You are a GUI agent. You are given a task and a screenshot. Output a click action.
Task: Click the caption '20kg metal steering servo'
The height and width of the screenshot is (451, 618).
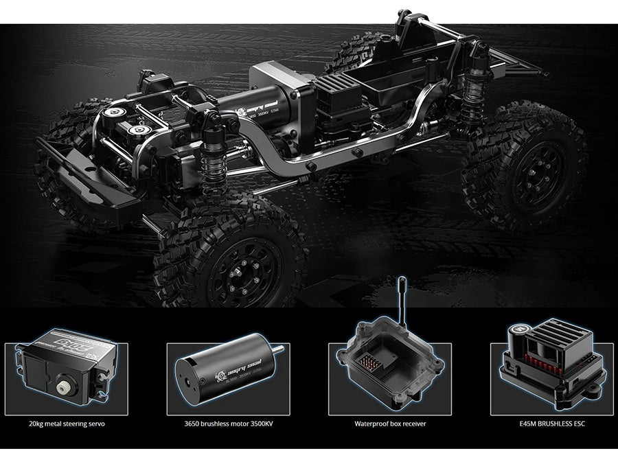[68, 424]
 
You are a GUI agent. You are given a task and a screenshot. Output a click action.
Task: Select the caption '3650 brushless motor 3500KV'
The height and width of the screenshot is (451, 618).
[222, 424]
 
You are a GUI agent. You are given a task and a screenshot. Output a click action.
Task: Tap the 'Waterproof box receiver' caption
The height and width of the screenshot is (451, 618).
[390, 424]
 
